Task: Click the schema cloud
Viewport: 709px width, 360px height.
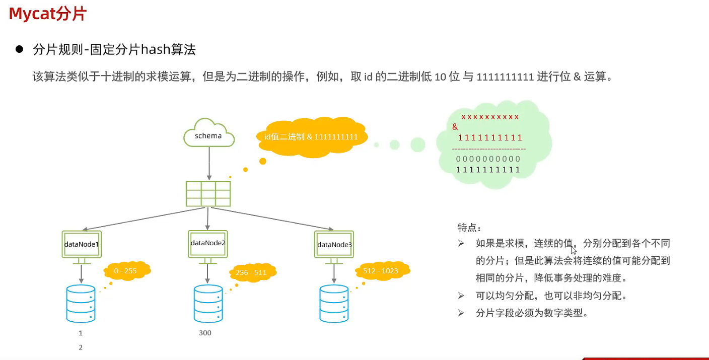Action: point(209,133)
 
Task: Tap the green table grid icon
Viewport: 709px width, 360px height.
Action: point(208,194)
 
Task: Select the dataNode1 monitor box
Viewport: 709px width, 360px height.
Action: point(82,244)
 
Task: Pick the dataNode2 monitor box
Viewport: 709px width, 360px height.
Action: point(208,243)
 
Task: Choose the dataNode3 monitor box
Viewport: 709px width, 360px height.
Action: point(334,245)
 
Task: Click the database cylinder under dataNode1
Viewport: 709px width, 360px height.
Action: point(81,304)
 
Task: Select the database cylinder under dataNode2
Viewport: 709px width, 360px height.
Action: point(208,304)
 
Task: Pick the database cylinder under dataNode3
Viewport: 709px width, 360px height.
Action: point(334,304)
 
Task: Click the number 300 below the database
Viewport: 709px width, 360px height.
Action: point(205,333)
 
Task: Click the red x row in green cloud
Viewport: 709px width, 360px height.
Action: point(490,117)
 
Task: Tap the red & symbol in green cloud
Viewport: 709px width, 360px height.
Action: point(455,127)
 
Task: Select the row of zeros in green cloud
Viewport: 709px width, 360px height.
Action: point(488,159)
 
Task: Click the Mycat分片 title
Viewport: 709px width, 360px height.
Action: point(48,14)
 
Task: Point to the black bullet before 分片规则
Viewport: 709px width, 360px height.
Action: point(20,49)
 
